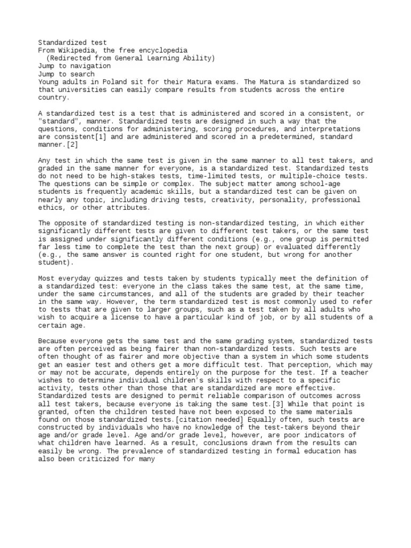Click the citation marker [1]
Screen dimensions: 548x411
click(x=101, y=137)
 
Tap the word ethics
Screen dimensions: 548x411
click(x=50, y=208)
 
